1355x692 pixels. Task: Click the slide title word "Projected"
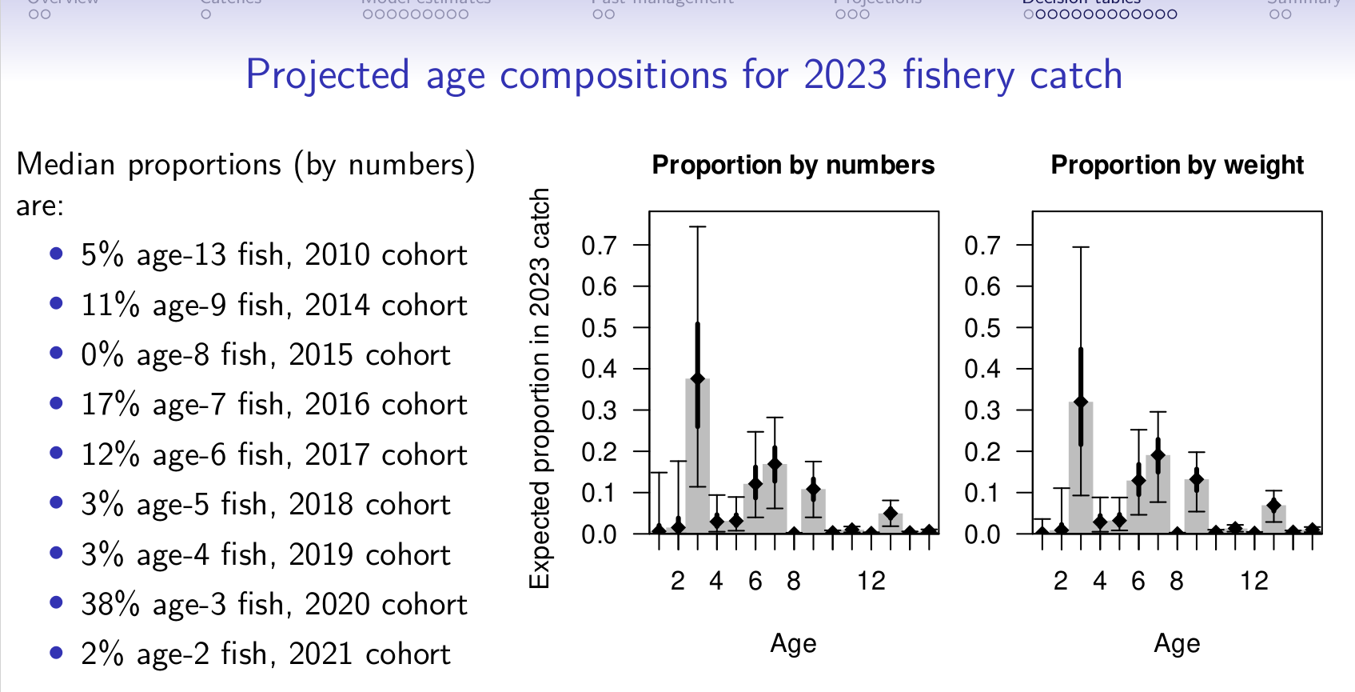coord(327,76)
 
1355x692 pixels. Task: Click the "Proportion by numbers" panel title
coord(793,165)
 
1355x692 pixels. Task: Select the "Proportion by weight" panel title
coord(1177,165)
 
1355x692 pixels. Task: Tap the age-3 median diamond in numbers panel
coord(698,378)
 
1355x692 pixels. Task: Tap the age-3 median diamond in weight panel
coord(1081,402)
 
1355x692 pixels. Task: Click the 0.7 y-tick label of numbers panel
coord(599,246)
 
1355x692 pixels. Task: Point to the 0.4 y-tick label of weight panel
coord(982,369)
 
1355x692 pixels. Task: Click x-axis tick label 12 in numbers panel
coord(871,581)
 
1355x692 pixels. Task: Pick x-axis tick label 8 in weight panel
coord(1176,581)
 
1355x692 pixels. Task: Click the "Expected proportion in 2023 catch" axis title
coord(540,389)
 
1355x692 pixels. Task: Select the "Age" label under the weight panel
coord(1177,643)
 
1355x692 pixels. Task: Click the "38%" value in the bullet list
coord(110,605)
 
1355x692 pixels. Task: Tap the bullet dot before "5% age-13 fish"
coord(56,254)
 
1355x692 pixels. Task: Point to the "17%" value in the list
coord(110,405)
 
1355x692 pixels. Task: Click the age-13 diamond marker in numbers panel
coord(891,514)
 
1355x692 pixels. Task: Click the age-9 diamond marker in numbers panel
coord(813,490)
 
